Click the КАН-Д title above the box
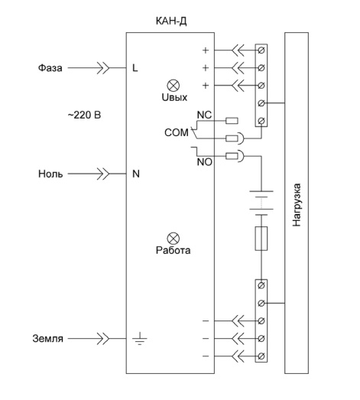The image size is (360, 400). [x=171, y=21]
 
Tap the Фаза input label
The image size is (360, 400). [x=50, y=68]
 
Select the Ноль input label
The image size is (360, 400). [x=50, y=174]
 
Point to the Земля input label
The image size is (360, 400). [x=47, y=339]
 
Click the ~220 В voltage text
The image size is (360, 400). [x=84, y=115]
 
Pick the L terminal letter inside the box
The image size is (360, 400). [x=135, y=68]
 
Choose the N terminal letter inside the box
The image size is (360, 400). [x=136, y=174]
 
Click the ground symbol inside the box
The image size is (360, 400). [x=139, y=339]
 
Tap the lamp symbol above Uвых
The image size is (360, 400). [x=173, y=86]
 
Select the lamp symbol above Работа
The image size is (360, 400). [x=173, y=239]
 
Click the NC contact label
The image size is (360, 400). [x=204, y=115]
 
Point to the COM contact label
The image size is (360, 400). [x=177, y=132]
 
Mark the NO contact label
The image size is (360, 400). [x=205, y=162]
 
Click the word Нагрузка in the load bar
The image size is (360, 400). [x=297, y=205]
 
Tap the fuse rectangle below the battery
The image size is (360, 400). [x=261, y=239]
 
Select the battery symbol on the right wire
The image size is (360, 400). [x=261, y=203]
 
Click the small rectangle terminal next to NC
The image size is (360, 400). [x=232, y=121]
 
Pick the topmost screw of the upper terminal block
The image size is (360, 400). [x=261, y=50]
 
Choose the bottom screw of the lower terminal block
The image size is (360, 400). [x=261, y=356]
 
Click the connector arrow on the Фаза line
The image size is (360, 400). [x=103, y=68]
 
